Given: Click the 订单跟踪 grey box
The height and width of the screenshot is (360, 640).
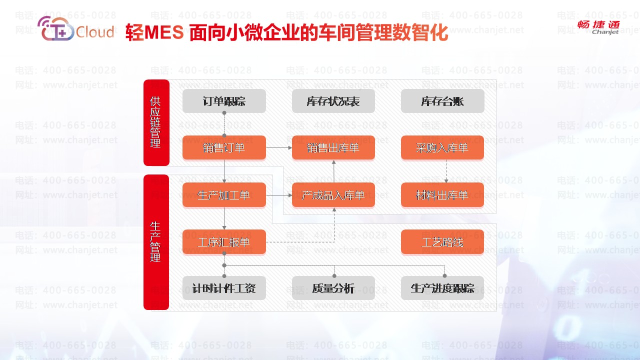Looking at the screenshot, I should pos(224,101).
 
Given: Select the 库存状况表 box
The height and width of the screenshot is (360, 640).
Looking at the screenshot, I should pos(333,101).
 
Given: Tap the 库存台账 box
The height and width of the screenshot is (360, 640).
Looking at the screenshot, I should pos(442,101).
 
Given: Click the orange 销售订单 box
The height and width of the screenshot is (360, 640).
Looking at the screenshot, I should pos(224,147).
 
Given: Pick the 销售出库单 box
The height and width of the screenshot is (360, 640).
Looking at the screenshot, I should pos(333,147).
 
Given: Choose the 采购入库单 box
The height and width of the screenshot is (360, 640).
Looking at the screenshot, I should pos(442,147).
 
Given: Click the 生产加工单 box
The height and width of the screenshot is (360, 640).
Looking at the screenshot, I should pos(224,194).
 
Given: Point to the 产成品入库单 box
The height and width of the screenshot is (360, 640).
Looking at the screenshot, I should pos(333,194).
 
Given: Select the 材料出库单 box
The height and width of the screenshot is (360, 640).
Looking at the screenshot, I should pos(442,194).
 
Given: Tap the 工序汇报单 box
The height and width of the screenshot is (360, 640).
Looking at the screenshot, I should pos(224,242).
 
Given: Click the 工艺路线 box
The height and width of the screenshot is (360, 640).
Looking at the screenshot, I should pos(442,242).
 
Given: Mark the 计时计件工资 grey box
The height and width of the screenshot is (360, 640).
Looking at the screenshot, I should pos(224,288).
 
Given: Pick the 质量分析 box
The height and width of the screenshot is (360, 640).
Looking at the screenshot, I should pos(333,288).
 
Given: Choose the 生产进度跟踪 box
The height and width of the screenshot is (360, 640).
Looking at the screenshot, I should pos(442,288).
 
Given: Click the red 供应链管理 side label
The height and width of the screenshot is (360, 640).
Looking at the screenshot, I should pos(156,122).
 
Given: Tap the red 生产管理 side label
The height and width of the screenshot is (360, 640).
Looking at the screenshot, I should pos(156,242).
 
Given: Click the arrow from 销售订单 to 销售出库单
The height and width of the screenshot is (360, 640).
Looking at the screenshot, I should pos(279,148).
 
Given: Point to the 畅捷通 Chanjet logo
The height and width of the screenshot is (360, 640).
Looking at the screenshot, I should pos(598,27).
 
